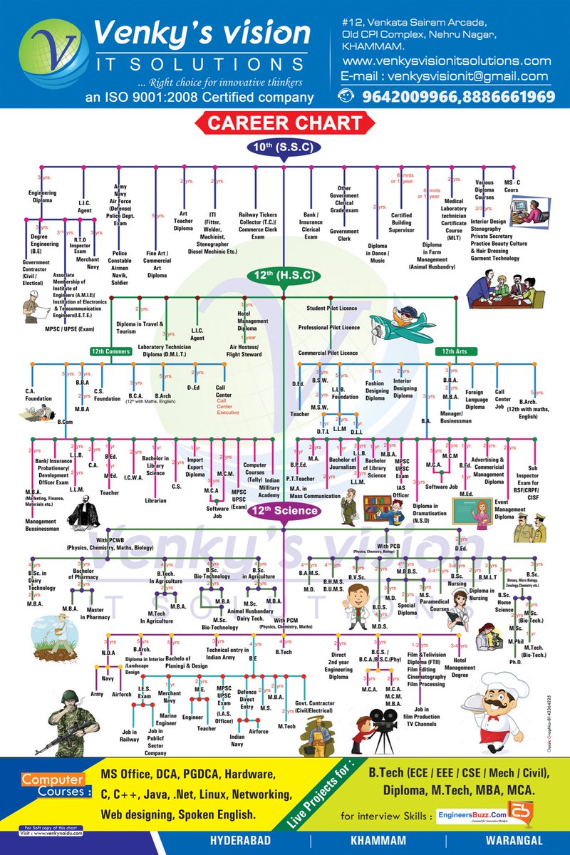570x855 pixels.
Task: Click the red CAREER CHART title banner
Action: (285, 123)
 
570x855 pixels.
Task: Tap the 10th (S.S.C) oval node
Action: (284, 147)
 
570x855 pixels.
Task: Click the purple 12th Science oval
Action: (284, 510)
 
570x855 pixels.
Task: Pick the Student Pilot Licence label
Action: (332, 309)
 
